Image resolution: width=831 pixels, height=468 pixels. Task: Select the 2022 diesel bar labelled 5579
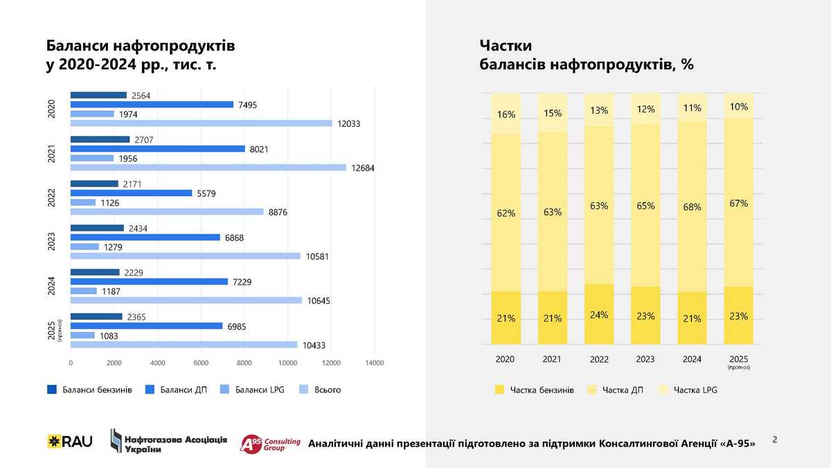coord(132,193)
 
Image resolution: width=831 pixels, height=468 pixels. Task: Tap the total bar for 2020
coord(202,123)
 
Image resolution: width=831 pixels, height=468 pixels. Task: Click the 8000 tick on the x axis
coord(244,363)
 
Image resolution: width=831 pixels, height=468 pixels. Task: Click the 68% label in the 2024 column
coord(692,207)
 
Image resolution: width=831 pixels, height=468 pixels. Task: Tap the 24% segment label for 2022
coord(599,315)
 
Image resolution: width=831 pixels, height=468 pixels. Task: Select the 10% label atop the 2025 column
coord(738,107)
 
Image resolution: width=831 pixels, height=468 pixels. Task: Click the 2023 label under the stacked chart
coord(645,359)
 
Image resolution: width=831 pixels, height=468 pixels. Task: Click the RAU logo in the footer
coord(69,441)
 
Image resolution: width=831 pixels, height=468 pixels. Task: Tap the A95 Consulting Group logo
coord(269,443)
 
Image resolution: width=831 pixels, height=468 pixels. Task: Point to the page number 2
coord(774,440)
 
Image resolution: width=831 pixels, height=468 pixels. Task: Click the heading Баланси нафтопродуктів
coord(141,46)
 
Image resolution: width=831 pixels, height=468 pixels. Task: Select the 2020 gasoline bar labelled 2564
coord(99,95)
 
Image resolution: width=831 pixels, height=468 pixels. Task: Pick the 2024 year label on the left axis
coord(51,286)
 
